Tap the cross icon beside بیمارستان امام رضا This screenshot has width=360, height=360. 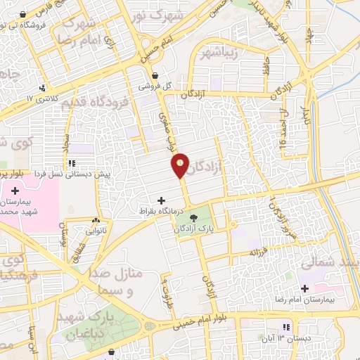pos(304,288)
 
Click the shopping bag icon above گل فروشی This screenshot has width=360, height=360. pos(155,75)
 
